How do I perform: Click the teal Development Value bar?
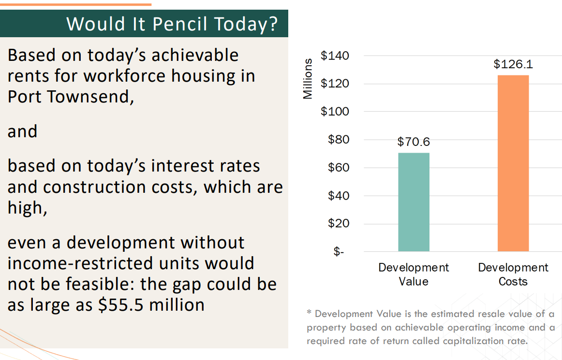414,202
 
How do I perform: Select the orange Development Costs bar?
513,163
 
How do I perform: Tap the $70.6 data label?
414,142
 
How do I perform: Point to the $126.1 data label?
513,64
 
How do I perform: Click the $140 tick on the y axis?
335,56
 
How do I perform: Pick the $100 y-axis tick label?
335,112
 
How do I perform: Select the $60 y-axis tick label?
339,167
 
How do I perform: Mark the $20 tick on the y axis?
339,223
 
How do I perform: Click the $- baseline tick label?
339,251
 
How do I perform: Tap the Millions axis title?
308,79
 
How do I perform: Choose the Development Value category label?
414,274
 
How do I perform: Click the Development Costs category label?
513,274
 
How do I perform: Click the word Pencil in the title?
180,24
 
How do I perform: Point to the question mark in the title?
273,24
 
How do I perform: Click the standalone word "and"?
22,131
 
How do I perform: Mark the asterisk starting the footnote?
309,313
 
